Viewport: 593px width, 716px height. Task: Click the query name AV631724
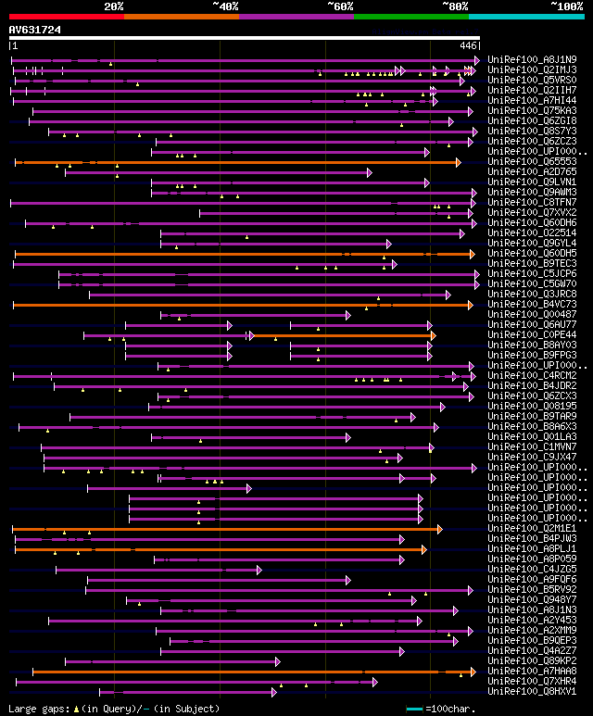(x=35, y=30)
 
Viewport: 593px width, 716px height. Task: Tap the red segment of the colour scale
(x=66, y=16)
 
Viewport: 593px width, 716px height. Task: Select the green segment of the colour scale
(x=410, y=16)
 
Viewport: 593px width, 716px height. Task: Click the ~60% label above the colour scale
(x=339, y=6)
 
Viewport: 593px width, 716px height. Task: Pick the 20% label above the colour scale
(x=114, y=6)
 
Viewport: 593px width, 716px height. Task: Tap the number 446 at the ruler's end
(x=469, y=45)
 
